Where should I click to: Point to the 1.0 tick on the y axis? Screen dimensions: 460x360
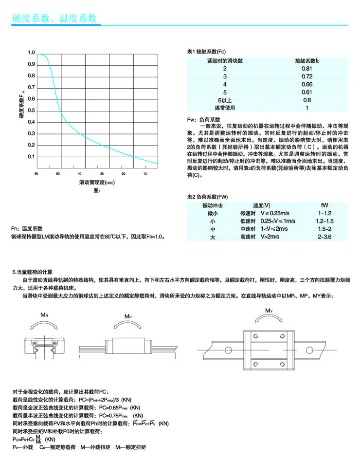click(32, 53)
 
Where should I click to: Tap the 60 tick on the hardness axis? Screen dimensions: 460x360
click(36, 174)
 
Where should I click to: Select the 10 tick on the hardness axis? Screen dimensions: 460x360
click(145, 174)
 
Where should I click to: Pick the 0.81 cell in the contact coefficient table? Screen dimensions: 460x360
click(307, 69)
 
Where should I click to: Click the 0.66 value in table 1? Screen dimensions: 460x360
click(307, 84)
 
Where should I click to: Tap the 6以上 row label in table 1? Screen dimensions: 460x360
click(224, 100)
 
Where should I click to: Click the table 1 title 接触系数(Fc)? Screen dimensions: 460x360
click(206, 51)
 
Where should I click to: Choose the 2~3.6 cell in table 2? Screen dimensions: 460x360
click(324, 237)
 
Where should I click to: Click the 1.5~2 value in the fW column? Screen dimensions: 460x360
click(324, 229)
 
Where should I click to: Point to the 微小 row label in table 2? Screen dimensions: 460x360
click(213, 213)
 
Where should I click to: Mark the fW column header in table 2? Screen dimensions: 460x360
click(324, 205)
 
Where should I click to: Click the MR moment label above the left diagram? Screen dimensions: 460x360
click(43, 315)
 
